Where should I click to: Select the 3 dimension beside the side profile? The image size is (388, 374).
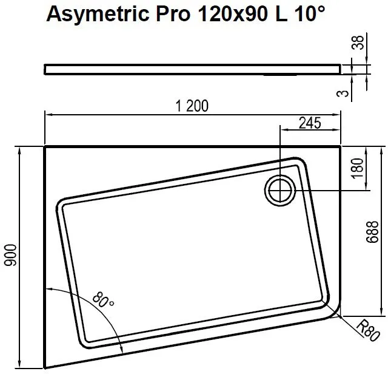pyautogui.click(x=344, y=93)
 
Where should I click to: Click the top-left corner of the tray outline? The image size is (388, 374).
pyautogui.click(x=45, y=146)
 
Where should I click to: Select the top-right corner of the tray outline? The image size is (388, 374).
pyautogui.click(x=341, y=146)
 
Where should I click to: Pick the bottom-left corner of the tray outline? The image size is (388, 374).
pyautogui.click(x=45, y=367)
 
